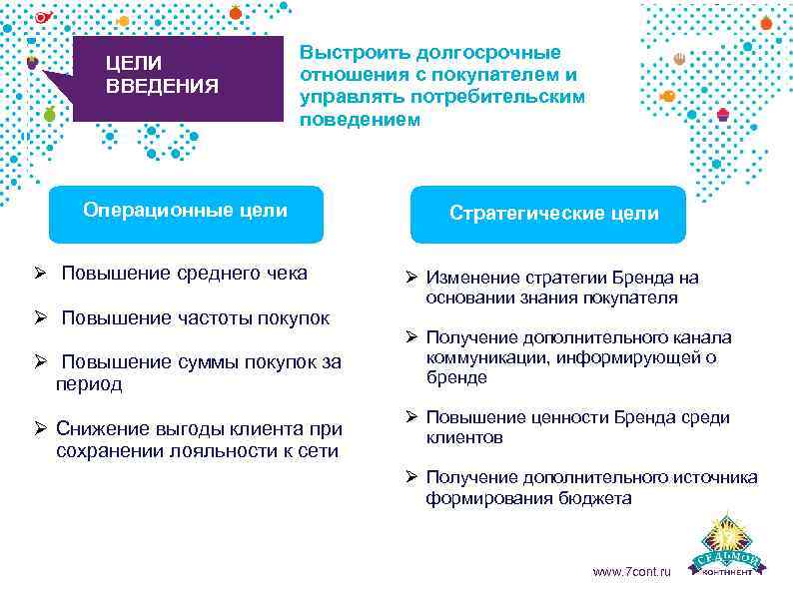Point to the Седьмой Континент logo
732,548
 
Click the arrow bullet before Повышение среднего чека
39,274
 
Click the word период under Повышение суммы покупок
89,383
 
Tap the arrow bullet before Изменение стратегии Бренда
410,278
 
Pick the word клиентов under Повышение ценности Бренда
463,437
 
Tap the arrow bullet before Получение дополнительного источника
410,477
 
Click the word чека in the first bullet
286,274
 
